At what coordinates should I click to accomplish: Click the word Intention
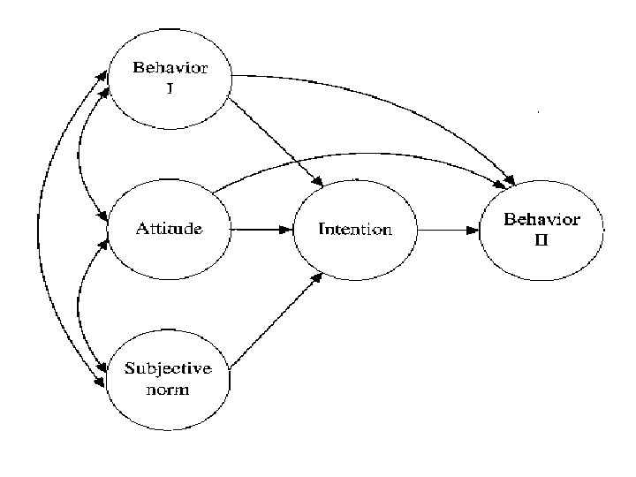[x=354, y=230]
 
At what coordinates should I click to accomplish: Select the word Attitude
[x=168, y=229]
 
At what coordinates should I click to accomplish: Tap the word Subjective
[x=168, y=370]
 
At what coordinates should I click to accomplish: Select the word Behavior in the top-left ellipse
[x=170, y=69]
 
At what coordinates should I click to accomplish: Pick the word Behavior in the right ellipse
[x=541, y=220]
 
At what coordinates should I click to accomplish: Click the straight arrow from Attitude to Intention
[x=261, y=229]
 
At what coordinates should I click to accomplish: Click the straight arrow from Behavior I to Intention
[x=276, y=141]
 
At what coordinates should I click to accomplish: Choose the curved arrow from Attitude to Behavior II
[x=353, y=159]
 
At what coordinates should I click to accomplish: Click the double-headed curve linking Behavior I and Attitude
[x=82, y=150]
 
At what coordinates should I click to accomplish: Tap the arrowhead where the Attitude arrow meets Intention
[x=284, y=229]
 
